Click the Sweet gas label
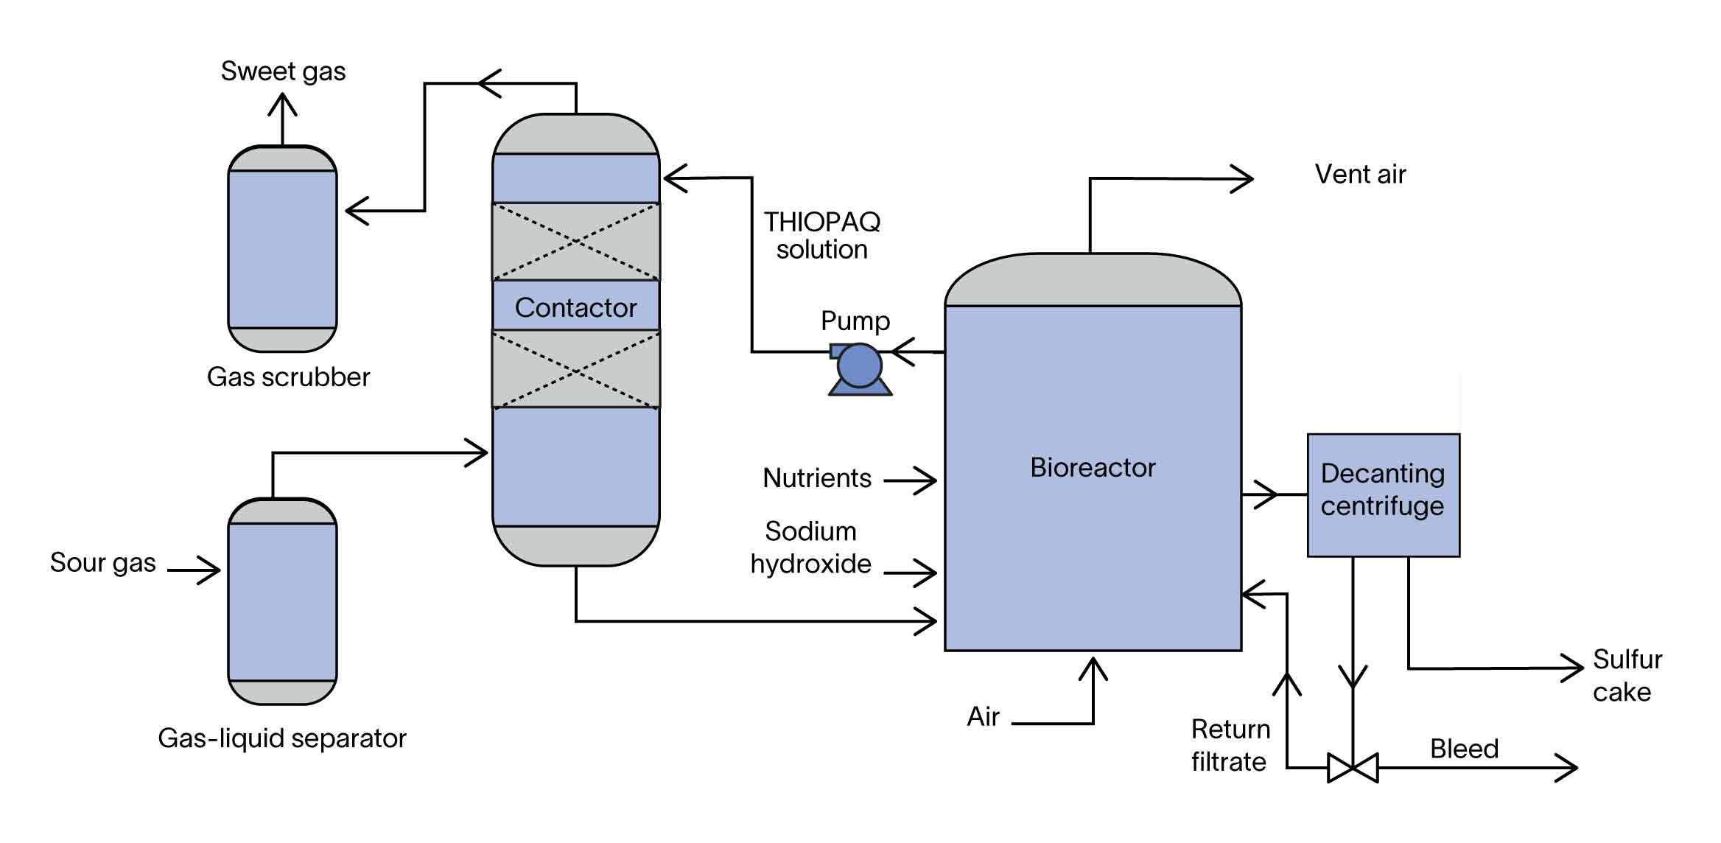pyautogui.click(x=283, y=71)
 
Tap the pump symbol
pyautogui.click(x=859, y=366)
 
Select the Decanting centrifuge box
pyautogui.click(x=1383, y=494)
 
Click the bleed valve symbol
pyautogui.click(x=1353, y=768)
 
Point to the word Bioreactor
pyautogui.click(x=1093, y=467)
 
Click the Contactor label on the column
pyautogui.click(x=575, y=307)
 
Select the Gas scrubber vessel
pyautogui.click(x=282, y=249)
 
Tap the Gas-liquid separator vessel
pyautogui.click(x=282, y=601)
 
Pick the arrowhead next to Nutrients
pyautogui.click(x=926, y=480)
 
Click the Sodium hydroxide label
pyautogui.click(x=810, y=548)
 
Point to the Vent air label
pyautogui.click(x=1360, y=175)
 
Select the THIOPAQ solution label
pyautogui.click(x=821, y=236)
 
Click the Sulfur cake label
pyautogui.click(x=1627, y=675)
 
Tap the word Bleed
pyautogui.click(x=1464, y=749)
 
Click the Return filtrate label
pyautogui.click(x=1230, y=745)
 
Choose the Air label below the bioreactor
pyautogui.click(x=983, y=716)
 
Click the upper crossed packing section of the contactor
pyautogui.click(x=575, y=241)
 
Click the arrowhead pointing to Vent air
pyautogui.click(x=1244, y=179)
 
